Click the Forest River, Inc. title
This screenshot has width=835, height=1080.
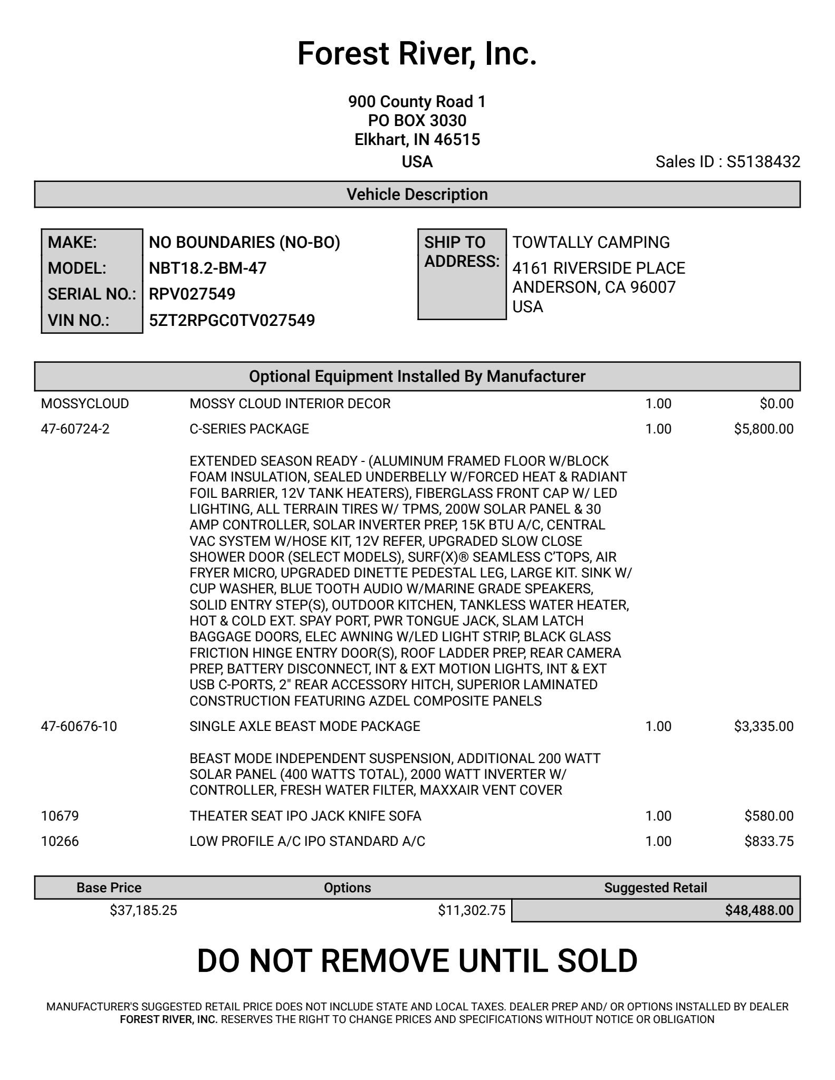click(417, 54)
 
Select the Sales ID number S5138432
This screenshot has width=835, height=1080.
click(763, 162)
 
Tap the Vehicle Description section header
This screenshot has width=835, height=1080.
click(417, 195)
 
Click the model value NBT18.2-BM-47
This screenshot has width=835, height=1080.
click(208, 268)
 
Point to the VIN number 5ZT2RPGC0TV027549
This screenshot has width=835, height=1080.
click(232, 321)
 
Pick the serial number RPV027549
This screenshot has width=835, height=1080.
click(192, 294)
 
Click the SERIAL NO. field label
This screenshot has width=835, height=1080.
click(92, 294)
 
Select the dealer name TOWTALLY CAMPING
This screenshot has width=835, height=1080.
click(591, 243)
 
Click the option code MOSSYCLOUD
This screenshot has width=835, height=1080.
click(85, 404)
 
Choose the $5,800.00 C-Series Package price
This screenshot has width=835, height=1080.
click(763, 429)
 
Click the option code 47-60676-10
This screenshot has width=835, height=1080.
click(79, 727)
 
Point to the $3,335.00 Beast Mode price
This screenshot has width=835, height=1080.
click(763, 727)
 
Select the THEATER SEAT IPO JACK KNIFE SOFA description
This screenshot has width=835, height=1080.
click(305, 816)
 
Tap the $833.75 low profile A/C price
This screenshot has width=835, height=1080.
click(769, 842)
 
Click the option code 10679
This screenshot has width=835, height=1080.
click(60, 816)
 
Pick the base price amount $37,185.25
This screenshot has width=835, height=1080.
click(143, 911)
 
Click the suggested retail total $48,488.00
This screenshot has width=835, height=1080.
click(759, 911)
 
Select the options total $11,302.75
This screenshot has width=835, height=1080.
click(472, 911)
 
